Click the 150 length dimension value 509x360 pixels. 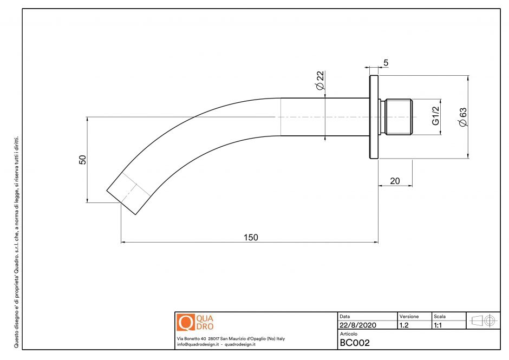pos(251,237)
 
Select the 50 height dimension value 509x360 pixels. pos(83,160)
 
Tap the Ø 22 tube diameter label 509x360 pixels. pos(319,80)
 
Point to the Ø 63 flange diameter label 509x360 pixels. pos(462,117)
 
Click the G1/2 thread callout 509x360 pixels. pos(436,115)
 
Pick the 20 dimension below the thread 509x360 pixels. pos(395,181)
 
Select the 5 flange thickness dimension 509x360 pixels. pos(386,63)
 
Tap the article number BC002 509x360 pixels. pos(355,343)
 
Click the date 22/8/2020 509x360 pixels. pos(358,325)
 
